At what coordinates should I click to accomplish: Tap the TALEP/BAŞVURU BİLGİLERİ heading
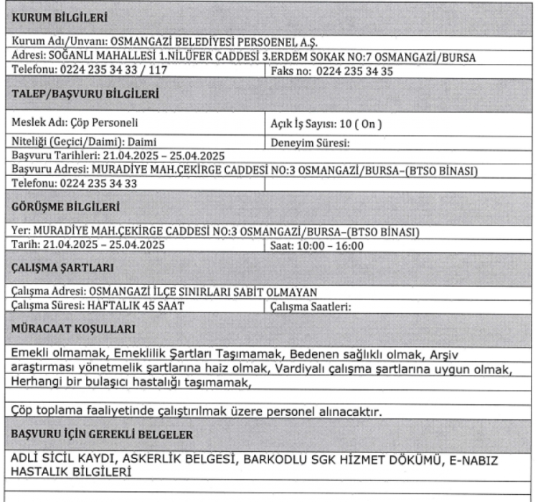(84, 93)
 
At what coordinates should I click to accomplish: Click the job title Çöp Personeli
(105, 123)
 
